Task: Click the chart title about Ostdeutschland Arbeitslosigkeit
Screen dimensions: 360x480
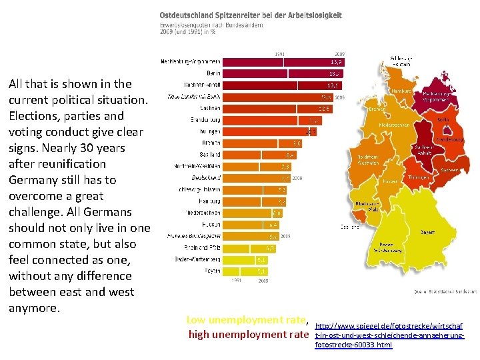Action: click(250, 15)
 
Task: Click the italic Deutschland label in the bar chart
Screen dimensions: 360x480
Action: click(206, 178)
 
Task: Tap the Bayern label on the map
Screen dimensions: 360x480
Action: click(427, 232)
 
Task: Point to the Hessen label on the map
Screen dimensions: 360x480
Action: click(391, 181)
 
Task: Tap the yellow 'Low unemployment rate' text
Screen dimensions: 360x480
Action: click(246, 320)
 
